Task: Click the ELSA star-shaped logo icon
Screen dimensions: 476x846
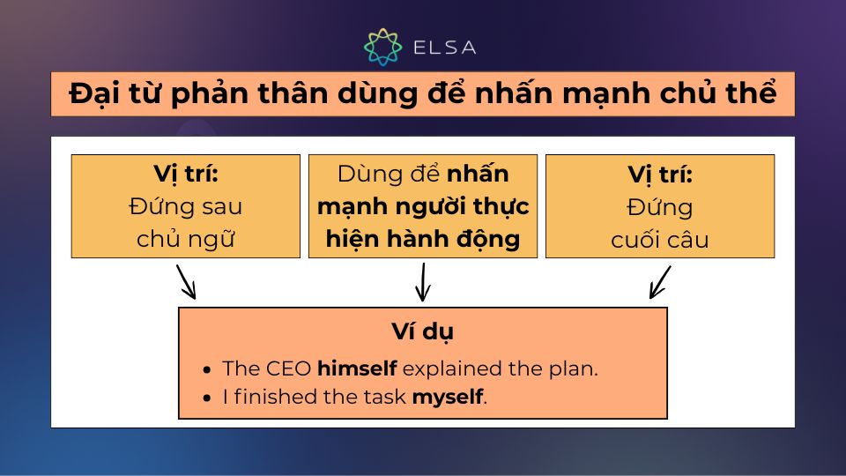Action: (x=383, y=47)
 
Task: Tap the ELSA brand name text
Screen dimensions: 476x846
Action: (x=444, y=48)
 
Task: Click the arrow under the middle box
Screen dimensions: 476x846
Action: (x=423, y=282)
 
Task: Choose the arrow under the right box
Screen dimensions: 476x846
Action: (x=660, y=282)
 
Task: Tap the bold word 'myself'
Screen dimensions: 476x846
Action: (x=448, y=397)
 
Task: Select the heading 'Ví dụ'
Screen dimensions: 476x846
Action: (x=423, y=332)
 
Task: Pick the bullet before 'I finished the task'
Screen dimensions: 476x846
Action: (x=206, y=398)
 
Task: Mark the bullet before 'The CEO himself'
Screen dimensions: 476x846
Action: (x=206, y=370)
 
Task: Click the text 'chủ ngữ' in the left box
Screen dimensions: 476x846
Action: (x=185, y=239)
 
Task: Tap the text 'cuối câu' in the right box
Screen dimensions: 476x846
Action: (x=660, y=239)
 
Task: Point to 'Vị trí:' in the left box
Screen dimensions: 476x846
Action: (x=185, y=175)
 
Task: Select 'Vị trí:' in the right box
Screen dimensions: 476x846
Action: (x=660, y=175)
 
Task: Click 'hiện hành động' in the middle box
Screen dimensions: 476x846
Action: (x=423, y=239)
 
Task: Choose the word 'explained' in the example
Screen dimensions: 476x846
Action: (x=444, y=368)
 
